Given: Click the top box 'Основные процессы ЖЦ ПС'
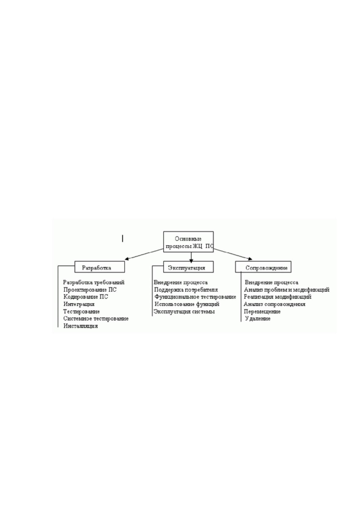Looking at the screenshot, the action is click(x=189, y=242).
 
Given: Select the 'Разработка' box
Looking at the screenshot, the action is click(x=100, y=267).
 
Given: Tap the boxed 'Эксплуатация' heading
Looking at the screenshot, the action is click(x=189, y=267).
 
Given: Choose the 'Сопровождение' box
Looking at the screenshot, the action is click(x=263, y=267).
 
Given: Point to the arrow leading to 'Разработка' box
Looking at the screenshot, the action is click(x=144, y=254).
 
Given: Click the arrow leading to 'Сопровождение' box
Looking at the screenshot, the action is click(x=233, y=254).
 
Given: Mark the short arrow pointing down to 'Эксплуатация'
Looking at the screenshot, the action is click(x=191, y=257).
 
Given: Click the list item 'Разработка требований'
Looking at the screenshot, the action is click(x=94, y=282).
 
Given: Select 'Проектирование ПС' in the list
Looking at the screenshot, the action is click(x=90, y=290).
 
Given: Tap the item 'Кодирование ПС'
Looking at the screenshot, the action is click(x=86, y=297).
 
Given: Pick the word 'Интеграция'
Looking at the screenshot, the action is click(x=79, y=304).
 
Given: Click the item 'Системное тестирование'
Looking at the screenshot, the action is click(x=96, y=319).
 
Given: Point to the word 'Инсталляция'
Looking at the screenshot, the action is click(x=81, y=326).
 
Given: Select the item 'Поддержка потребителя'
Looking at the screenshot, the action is click(x=186, y=290).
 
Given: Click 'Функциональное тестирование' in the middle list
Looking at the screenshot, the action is click(x=195, y=297).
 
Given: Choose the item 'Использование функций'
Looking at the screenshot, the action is click(x=187, y=304).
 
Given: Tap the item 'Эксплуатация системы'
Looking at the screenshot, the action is click(x=184, y=312).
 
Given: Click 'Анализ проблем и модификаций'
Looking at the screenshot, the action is click(x=287, y=290).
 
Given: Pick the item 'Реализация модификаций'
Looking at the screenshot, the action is click(x=278, y=297).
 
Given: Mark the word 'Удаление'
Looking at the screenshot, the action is click(x=258, y=319).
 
